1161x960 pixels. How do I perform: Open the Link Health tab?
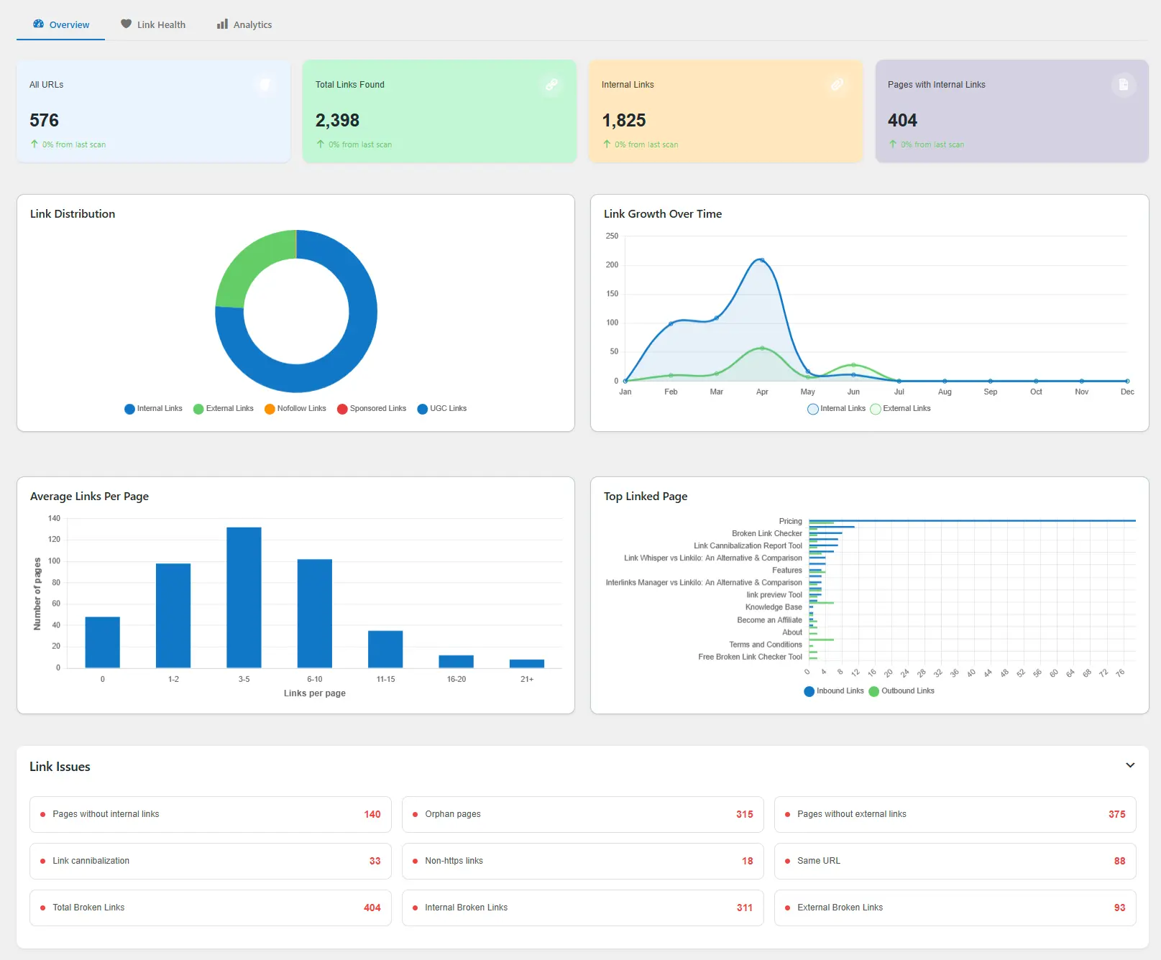point(153,24)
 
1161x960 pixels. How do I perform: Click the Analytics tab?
point(244,24)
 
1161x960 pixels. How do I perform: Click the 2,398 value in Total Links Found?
point(337,120)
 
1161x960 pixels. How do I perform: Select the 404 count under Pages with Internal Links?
point(902,120)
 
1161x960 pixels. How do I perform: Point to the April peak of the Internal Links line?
point(762,260)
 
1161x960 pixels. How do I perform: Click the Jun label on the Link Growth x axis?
point(853,392)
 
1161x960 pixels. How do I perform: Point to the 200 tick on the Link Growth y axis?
point(612,264)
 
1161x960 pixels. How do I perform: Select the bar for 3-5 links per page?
point(244,596)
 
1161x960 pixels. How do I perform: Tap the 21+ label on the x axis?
point(527,679)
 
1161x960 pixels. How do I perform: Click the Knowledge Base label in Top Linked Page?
point(774,607)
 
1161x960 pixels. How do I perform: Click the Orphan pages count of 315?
point(744,814)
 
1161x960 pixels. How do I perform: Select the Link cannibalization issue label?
point(91,861)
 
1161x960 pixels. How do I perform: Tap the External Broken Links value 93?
point(1119,908)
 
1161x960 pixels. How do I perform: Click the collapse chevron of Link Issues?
point(1130,765)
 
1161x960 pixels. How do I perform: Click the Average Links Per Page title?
point(89,496)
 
